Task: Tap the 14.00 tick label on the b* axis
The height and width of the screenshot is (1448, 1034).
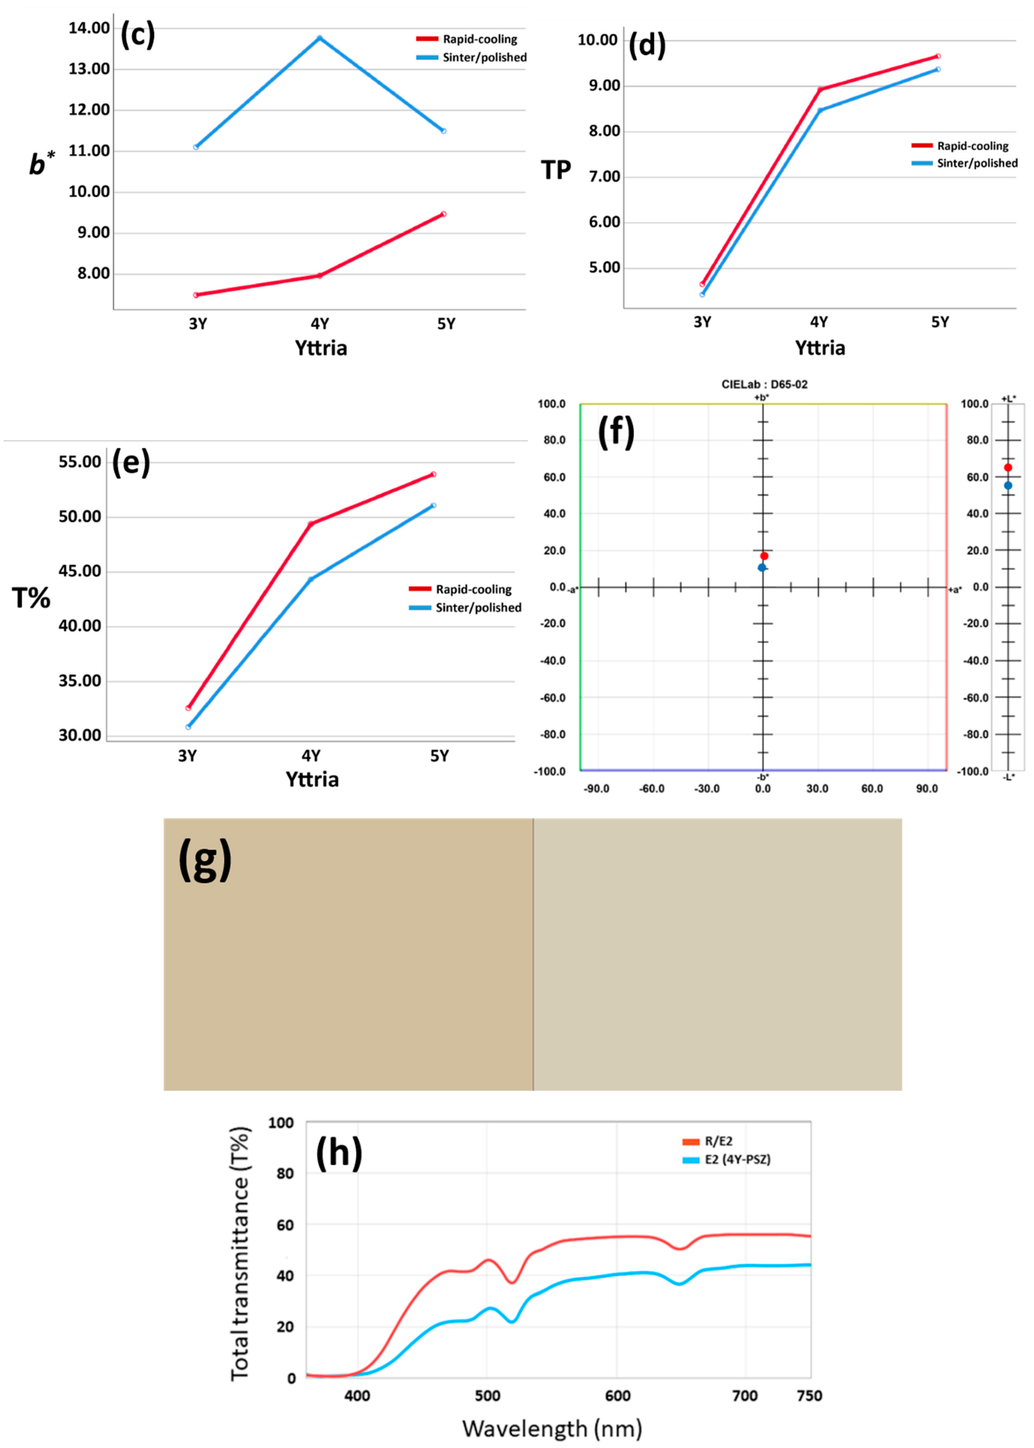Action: coord(89,28)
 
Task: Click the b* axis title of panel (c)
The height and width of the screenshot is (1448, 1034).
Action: coord(42,164)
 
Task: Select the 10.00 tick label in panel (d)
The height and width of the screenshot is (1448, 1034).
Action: coord(597,40)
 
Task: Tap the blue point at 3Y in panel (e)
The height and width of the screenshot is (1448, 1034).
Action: coord(188,727)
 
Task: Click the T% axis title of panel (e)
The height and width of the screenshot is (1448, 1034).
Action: coord(30,598)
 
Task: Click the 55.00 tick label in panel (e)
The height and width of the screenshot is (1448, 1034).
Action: coord(80,462)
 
